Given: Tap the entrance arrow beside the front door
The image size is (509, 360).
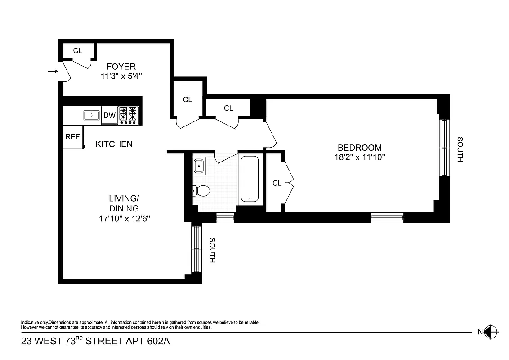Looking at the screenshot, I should click(53, 71).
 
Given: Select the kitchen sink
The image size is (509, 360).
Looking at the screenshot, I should click(91, 115).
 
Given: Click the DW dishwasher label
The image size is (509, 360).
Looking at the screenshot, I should click(110, 115).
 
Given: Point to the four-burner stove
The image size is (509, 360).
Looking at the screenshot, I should click(128, 115).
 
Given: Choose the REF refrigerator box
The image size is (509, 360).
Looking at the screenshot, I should click(72, 137).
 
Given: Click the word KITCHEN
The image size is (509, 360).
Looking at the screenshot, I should click(114, 144).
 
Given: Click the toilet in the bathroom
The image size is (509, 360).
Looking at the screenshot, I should click(201, 191).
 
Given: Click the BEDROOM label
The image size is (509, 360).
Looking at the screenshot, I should click(359, 148).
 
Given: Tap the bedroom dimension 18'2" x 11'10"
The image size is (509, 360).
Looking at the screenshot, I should click(359, 157).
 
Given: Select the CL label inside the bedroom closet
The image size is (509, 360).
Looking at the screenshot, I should click(277, 183).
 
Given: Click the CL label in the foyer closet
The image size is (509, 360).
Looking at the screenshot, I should click(78, 50).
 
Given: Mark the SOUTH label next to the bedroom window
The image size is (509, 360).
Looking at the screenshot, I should click(460, 149).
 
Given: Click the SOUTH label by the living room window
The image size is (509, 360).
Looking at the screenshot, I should click(212, 250).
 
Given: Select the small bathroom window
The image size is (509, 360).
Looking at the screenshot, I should click(225, 218).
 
